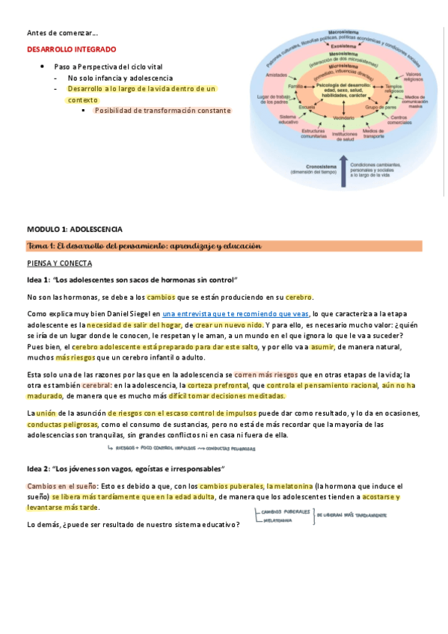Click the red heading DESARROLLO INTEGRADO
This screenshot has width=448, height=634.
tap(72, 49)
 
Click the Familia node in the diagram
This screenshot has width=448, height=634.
tap(296, 87)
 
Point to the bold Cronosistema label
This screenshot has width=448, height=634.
tap(308, 167)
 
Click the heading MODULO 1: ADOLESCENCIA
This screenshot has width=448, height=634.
tap(75, 229)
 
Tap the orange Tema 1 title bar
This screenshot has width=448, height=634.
tap(224, 246)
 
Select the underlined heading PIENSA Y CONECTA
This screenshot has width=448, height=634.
tap(59, 263)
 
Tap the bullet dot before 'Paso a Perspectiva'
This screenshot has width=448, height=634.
tap(43, 66)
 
